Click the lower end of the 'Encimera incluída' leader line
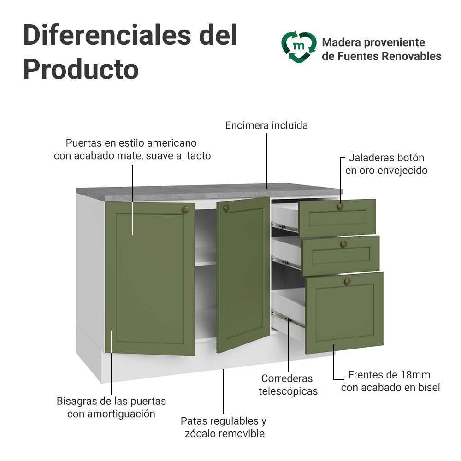pos(267,188)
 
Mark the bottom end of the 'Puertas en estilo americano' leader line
pos(132,235)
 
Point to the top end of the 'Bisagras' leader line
pos(111,331)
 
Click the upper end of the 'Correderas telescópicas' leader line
pos(288,318)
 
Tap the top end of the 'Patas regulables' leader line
pos(223,370)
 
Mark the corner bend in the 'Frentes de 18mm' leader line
pos(334,379)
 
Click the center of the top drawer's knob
pos(341,206)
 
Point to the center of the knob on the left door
pos(185,209)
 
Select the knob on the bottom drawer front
pos(348,282)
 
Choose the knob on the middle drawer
pos(344,244)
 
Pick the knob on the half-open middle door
pos(226,208)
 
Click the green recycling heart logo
pos(299,47)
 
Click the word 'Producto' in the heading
pos(81,70)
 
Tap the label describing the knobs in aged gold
pos(386,164)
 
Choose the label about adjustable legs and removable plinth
pos(224,427)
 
